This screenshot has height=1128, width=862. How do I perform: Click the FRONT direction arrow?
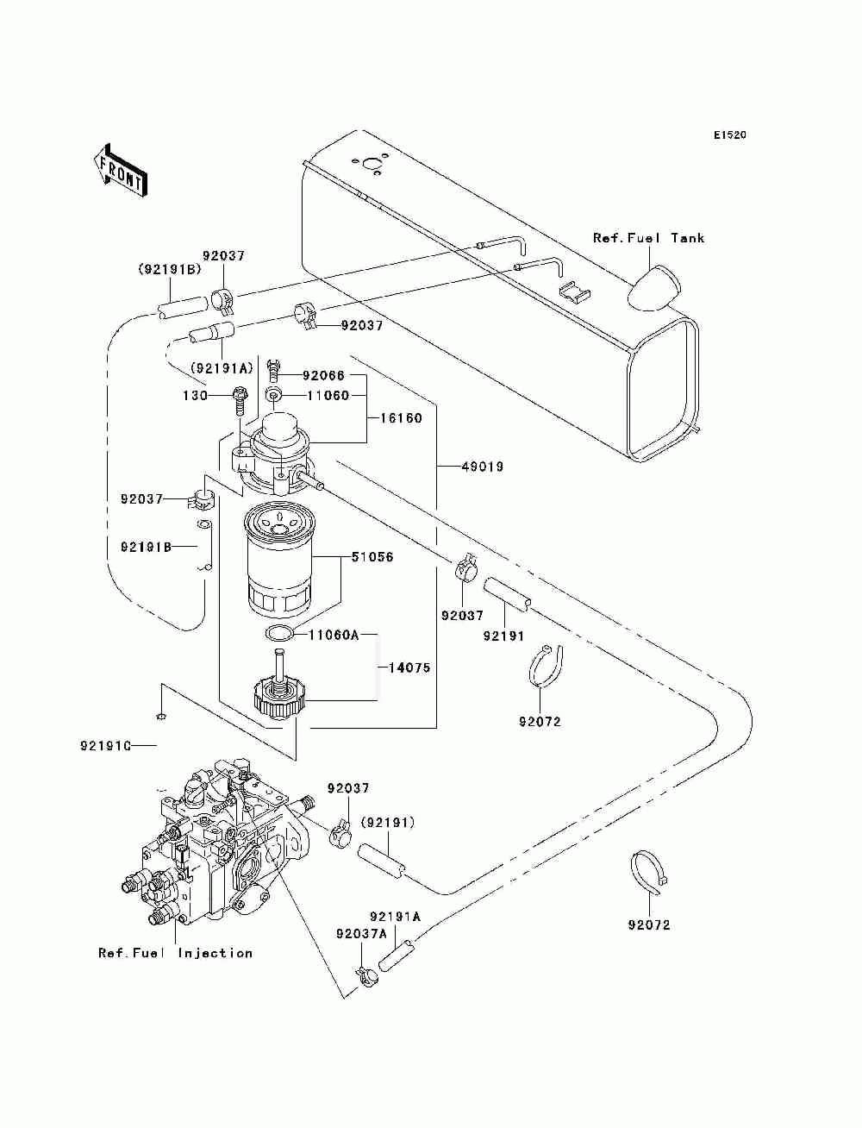(121, 171)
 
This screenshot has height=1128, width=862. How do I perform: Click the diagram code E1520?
(729, 135)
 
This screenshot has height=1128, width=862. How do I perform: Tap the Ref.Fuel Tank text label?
(648, 238)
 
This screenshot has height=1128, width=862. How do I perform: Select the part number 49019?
(483, 467)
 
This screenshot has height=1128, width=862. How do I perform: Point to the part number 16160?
(401, 417)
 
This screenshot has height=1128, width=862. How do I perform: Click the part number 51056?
(372, 557)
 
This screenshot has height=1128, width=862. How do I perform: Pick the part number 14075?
(409, 668)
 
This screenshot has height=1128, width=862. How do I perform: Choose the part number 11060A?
(333, 636)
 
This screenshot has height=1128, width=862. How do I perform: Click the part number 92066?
(323, 376)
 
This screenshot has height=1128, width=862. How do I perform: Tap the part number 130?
(195, 396)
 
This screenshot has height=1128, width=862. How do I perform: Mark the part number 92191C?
(106, 745)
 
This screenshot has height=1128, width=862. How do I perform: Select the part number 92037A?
(361, 934)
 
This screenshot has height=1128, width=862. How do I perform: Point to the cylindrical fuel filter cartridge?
(278, 561)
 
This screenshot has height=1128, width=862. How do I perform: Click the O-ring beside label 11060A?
(279, 634)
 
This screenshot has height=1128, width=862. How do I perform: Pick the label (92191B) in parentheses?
(169, 269)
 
